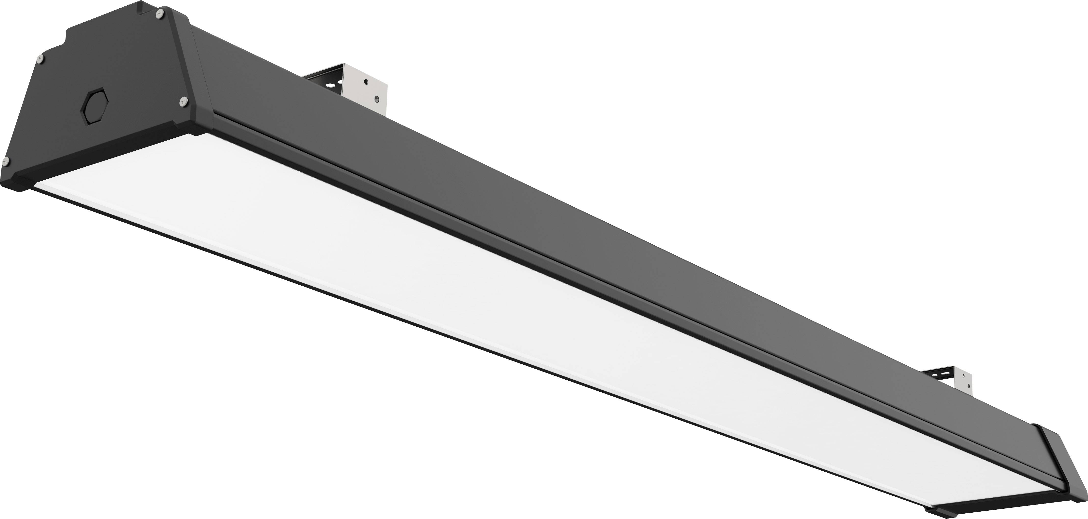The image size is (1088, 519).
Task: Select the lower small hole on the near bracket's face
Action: tap(377, 100)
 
